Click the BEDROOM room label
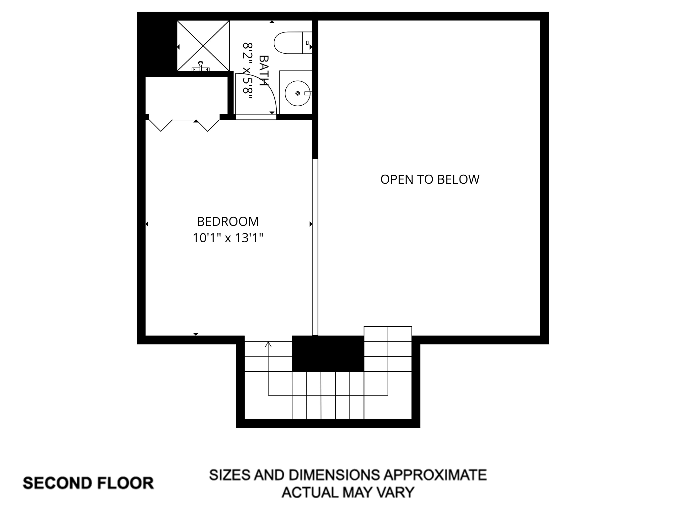coord(228,222)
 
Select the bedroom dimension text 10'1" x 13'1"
coord(228,238)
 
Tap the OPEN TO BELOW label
coord(430,179)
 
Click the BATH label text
coord(264,71)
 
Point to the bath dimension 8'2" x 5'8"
coord(248,71)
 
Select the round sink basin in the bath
coord(297,93)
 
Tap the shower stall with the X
coord(203,46)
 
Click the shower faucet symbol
coord(201,66)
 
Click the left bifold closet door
coord(161,124)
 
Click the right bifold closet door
coord(208,124)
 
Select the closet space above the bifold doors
coord(186,95)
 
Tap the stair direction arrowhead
coord(268,345)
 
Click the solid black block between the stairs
coord(328,354)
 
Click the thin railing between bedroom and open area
coord(315,248)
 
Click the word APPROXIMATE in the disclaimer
coord(435,475)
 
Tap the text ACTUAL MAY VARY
coord(348,492)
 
